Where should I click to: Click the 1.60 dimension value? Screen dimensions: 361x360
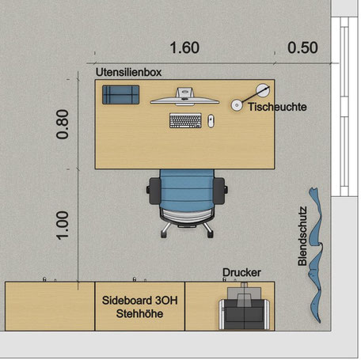(184, 47)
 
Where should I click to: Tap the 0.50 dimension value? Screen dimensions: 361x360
(302, 47)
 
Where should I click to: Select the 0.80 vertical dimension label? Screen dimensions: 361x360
(63, 124)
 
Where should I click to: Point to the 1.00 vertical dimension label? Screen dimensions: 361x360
(63, 225)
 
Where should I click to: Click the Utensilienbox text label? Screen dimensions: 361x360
(128, 72)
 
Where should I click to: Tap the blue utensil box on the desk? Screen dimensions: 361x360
(121, 95)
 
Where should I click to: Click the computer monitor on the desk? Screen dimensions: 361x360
(184, 97)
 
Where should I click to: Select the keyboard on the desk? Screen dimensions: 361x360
(185, 121)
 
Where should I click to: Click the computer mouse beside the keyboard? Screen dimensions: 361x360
(211, 121)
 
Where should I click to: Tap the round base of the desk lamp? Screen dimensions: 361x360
(237, 105)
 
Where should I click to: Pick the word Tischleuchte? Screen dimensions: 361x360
(277, 107)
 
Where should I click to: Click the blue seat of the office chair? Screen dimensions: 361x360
(187, 191)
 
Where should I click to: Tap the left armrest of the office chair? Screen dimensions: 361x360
(154, 191)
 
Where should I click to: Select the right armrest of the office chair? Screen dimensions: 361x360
(219, 191)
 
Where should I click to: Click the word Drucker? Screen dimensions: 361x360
(241, 272)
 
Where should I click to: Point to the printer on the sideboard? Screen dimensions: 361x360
(245, 307)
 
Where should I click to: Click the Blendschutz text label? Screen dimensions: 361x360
(302, 236)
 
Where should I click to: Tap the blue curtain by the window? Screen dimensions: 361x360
(316, 255)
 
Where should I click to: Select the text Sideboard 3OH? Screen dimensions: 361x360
(140, 301)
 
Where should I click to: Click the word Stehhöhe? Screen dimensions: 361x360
(139, 314)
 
